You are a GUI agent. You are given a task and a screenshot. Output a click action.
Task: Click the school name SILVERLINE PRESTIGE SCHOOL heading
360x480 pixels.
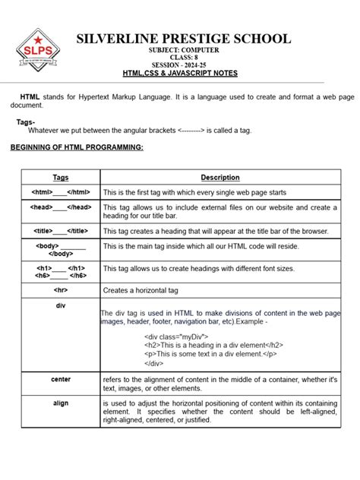point(182,39)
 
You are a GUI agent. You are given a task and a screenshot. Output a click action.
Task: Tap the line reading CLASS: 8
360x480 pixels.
point(181,57)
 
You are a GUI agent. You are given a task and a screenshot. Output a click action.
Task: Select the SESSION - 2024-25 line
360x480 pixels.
point(181,65)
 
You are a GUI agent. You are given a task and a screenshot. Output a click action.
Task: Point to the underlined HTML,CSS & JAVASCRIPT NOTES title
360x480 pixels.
point(181,74)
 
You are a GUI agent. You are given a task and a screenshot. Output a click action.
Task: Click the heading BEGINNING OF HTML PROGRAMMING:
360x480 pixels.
point(76,147)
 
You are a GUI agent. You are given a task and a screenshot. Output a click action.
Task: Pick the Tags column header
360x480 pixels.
point(61,178)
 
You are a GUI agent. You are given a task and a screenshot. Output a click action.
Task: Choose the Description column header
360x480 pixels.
point(220,178)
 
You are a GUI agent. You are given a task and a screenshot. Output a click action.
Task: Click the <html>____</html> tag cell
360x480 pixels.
point(61,193)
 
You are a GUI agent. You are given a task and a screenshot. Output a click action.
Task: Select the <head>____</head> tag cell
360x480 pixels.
point(61,207)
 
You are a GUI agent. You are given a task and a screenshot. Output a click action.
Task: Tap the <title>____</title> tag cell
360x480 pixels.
point(61,230)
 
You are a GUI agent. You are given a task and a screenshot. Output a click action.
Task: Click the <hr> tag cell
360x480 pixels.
point(61,289)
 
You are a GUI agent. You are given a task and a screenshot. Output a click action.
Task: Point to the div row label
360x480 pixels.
point(61,305)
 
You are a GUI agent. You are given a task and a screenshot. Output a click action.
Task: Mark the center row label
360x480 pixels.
point(61,379)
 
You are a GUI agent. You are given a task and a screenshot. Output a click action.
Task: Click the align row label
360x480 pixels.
point(61,403)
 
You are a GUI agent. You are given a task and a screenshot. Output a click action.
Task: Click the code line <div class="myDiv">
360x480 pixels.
point(175,335)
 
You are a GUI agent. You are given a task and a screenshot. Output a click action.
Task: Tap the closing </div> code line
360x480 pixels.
point(153,363)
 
